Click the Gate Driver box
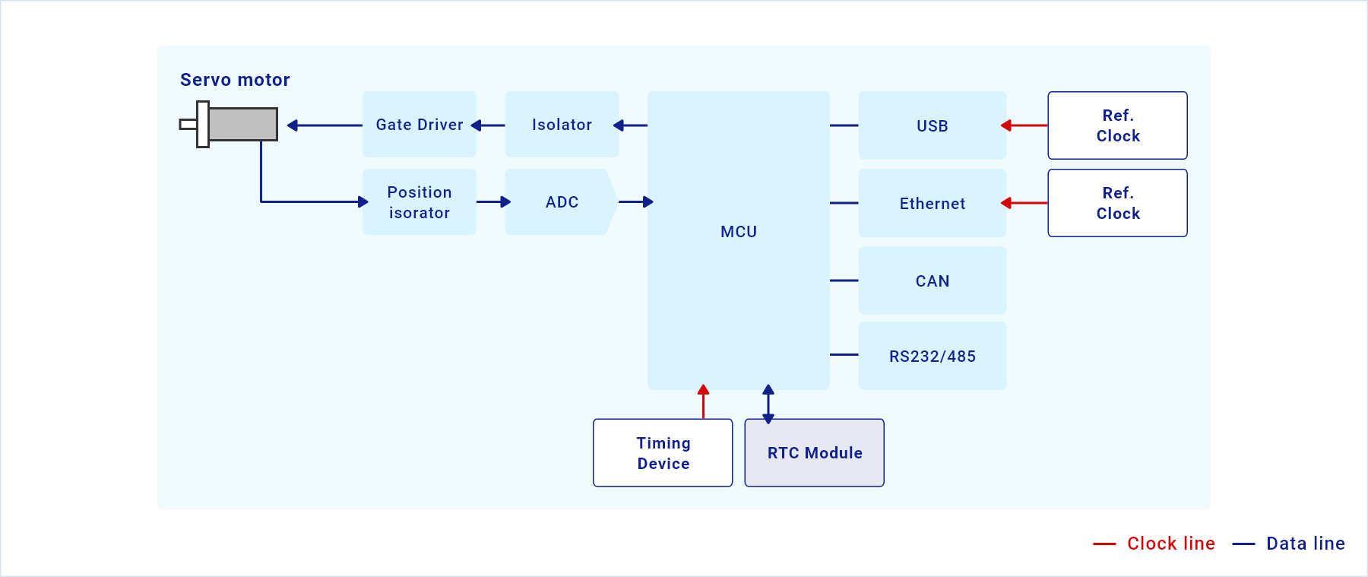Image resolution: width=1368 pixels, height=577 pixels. coord(420,125)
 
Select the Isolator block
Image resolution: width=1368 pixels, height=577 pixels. coord(562,125)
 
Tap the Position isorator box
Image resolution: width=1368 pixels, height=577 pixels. coord(420,202)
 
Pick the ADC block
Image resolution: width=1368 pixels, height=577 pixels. coord(562,202)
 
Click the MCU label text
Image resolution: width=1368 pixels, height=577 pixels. coord(739,232)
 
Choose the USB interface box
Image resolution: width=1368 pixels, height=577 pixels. coord(933,125)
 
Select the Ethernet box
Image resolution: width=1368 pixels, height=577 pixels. coord(933,203)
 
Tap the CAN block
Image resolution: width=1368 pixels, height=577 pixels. coord(933,281)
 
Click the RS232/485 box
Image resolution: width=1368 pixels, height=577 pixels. coord(933,356)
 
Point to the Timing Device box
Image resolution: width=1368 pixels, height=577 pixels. coord(663,453)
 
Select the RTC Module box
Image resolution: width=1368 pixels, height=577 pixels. coord(815,453)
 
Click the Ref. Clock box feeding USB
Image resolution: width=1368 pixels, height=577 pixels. coord(1118,125)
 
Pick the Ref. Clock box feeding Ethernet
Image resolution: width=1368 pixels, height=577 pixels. coord(1118,203)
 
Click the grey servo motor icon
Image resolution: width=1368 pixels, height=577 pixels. coord(230,125)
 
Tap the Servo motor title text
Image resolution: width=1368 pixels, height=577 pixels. coord(235,80)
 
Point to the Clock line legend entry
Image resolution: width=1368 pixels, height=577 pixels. coord(1154,544)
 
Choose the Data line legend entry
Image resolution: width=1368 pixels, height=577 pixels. coord(1289,544)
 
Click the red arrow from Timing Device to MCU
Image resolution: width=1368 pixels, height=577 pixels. coord(704,401)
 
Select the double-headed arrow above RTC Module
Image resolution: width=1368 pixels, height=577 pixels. coord(768,404)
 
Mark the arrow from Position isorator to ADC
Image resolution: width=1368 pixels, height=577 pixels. coord(494,202)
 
